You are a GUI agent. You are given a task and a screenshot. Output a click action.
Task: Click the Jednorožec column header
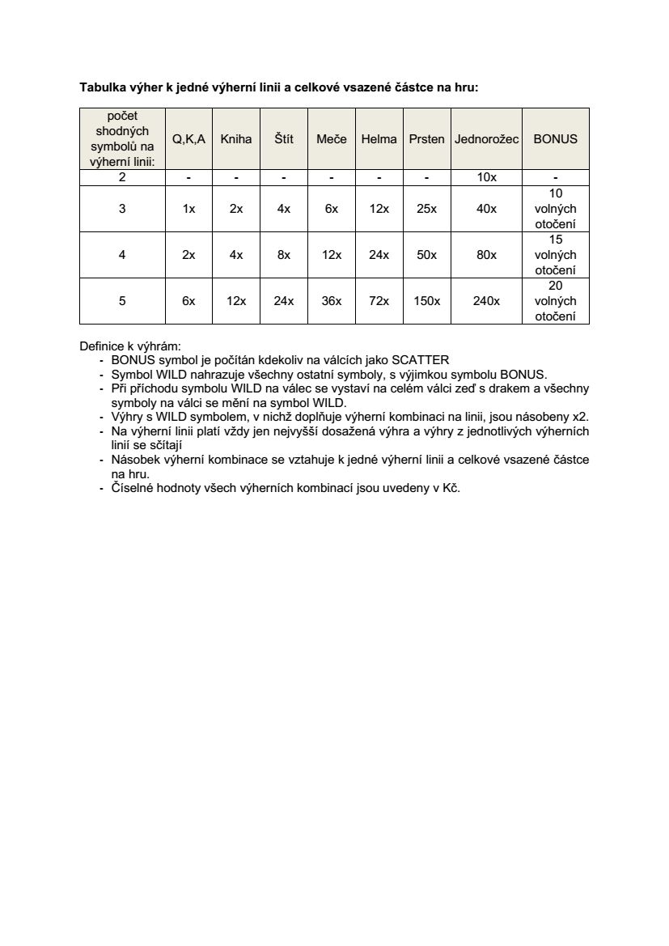pyautogui.click(x=486, y=139)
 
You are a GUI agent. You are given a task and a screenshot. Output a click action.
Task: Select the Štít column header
pyautogui.click(x=283, y=139)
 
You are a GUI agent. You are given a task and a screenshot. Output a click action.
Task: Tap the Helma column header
pyautogui.click(x=379, y=139)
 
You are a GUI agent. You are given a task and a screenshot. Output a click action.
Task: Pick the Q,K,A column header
pyautogui.click(x=188, y=139)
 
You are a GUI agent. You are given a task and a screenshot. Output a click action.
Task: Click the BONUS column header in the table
pyautogui.click(x=555, y=139)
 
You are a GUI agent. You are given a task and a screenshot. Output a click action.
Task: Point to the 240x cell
pyautogui.click(x=486, y=301)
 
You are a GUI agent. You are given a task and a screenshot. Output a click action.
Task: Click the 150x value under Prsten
pyautogui.click(x=426, y=301)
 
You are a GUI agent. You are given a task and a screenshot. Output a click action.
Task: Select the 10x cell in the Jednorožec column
pyautogui.click(x=486, y=178)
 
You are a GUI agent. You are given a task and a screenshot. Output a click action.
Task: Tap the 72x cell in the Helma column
pyautogui.click(x=379, y=301)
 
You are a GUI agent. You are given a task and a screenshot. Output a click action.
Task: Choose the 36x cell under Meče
pyautogui.click(x=331, y=301)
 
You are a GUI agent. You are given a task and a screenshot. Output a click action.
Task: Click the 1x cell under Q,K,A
pyautogui.click(x=188, y=209)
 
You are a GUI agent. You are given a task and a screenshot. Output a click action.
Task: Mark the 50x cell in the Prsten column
pyautogui.click(x=426, y=255)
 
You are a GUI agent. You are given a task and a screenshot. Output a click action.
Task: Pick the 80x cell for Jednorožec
pyautogui.click(x=486, y=255)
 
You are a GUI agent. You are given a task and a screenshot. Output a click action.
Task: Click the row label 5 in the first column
pyautogui.click(x=122, y=301)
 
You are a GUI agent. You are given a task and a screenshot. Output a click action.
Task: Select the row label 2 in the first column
pyautogui.click(x=122, y=178)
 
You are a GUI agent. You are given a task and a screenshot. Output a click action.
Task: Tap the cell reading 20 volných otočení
pyautogui.click(x=555, y=301)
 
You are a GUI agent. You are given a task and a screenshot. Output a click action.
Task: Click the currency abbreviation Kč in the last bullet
pyautogui.click(x=451, y=489)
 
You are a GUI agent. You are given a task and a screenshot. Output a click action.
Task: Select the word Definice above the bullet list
pyautogui.click(x=100, y=346)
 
